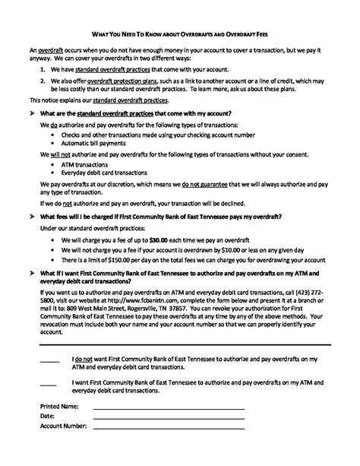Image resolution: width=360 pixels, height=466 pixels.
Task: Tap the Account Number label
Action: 63,426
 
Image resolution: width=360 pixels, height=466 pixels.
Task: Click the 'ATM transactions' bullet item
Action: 84,163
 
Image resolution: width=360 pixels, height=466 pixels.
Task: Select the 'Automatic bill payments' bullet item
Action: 93,143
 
